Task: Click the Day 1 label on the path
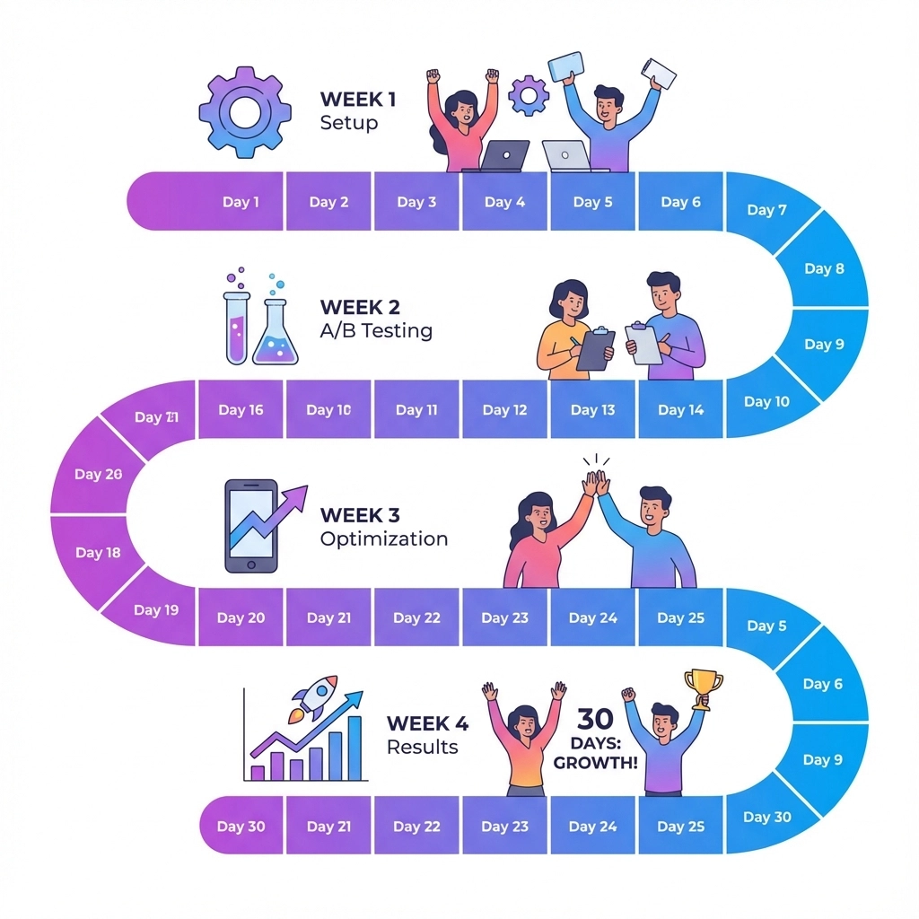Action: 241,202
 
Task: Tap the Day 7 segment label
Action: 766,210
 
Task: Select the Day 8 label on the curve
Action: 824,268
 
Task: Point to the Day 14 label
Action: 680,410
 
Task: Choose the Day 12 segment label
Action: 504,410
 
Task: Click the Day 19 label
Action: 156,610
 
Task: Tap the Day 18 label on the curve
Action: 98,553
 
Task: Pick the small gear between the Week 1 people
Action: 529,94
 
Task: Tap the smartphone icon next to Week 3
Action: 251,526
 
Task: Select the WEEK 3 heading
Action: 360,515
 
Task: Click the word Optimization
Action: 384,539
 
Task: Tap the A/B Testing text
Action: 376,331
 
